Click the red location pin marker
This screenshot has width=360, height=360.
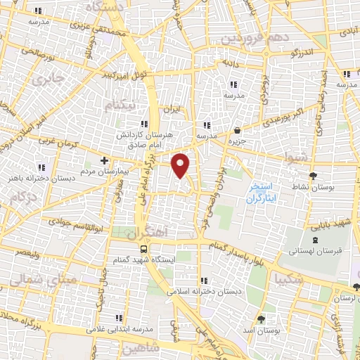click(x=181, y=165)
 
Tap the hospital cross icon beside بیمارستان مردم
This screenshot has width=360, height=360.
click(x=104, y=160)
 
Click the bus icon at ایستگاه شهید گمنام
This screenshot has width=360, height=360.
click(x=144, y=249)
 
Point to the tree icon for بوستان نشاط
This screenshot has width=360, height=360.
click(x=314, y=176)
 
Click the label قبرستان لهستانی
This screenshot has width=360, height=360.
click(x=319, y=250)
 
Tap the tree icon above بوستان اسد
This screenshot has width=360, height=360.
click(x=261, y=317)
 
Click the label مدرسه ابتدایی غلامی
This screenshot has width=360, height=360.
click(x=120, y=328)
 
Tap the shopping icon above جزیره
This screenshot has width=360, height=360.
click(x=238, y=130)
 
